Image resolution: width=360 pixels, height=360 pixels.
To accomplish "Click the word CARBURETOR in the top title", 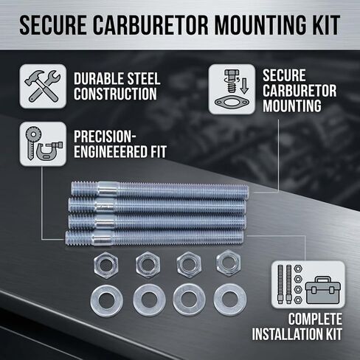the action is point(150,25).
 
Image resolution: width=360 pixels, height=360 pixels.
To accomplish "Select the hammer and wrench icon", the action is point(43,86).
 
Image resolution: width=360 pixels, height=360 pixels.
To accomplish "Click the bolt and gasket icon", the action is point(232,89).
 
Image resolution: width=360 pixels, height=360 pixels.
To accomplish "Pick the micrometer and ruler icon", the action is point(43,144).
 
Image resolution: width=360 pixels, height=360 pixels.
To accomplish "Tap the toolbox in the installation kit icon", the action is point(322,290).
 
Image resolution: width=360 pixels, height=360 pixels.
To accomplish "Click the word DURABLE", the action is point(95,79).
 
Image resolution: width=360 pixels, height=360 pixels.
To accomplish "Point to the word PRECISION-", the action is point(105,136).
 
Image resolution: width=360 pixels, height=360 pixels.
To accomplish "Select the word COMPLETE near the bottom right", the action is point(315,319).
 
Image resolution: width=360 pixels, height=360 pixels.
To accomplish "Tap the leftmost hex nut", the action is point(106,265).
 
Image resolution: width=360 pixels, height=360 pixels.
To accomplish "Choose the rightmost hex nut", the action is point(229,263).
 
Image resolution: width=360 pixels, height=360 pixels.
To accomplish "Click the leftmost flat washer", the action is point(107,300).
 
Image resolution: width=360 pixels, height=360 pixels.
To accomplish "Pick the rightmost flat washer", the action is point(230,300).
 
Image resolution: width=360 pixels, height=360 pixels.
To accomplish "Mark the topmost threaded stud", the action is point(160,190).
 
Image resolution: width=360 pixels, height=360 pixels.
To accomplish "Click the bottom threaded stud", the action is point(154,238).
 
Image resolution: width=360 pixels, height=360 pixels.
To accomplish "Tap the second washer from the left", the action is point(149,300).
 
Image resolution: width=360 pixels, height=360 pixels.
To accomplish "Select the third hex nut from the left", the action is point(189,265).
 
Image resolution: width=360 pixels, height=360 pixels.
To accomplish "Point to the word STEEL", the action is point(139,79).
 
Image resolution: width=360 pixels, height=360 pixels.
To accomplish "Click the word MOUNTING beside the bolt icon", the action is point(292,105).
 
